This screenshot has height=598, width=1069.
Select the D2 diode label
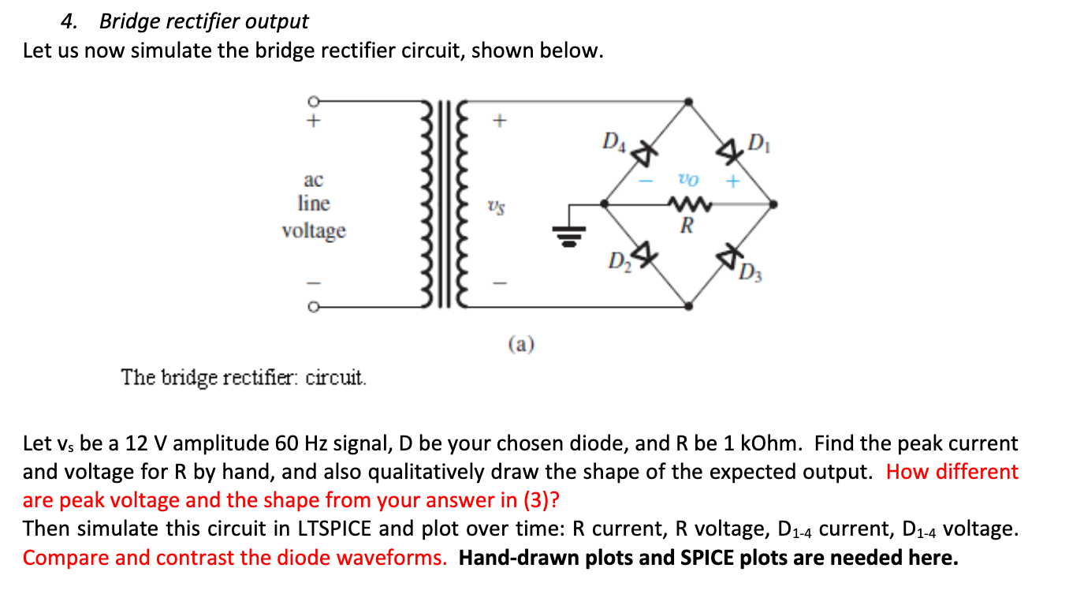click(618, 260)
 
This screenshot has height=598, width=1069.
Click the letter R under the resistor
click(687, 227)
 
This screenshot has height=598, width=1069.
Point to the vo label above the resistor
click(685, 179)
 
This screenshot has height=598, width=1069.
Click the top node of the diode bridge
click(688, 102)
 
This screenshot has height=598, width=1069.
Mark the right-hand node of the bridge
click(775, 204)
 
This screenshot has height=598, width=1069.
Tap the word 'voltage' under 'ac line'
click(314, 231)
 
